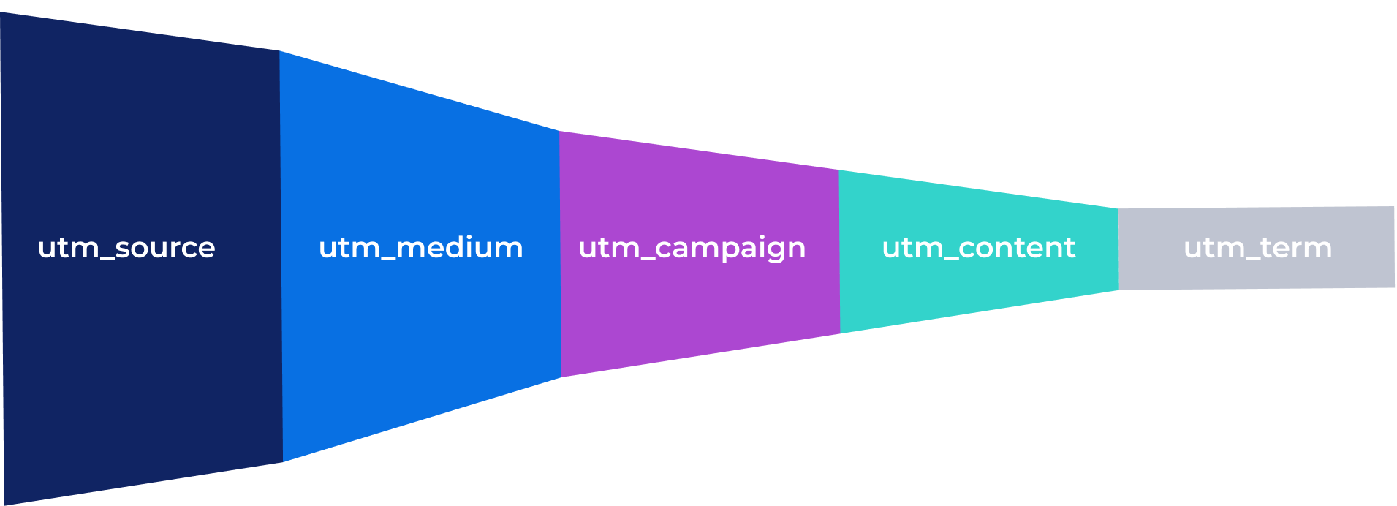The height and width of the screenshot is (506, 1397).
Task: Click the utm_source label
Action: [126, 248]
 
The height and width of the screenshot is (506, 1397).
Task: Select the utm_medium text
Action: [421, 248]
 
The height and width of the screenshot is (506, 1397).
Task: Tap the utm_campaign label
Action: [692, 249]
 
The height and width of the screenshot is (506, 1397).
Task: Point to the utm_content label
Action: [979, 248]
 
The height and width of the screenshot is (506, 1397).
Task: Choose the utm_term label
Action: [1257, 248]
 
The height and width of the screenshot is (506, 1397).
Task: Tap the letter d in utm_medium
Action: [452, 247]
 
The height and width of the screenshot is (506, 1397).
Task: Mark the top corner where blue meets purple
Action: [559, 131]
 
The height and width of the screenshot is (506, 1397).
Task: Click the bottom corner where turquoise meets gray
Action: [1119, 290]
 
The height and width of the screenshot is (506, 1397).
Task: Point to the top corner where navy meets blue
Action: [279, 50]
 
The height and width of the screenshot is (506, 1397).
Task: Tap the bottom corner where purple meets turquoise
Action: [840, 334]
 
